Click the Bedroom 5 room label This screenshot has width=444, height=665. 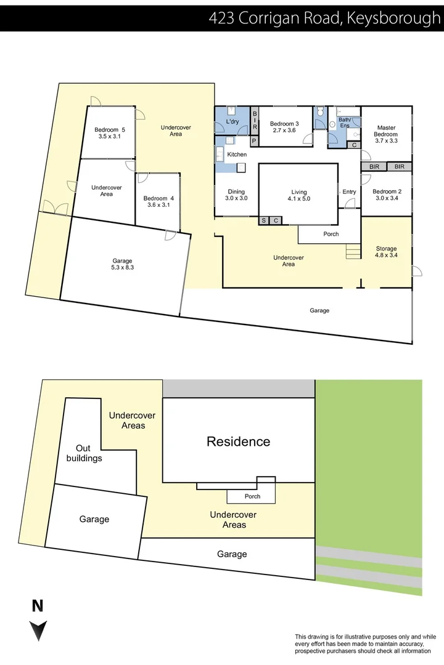click(x=110, y=130)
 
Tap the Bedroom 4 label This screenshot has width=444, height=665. click(x=158, y=198)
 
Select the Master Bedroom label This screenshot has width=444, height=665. click(x=386, y=131)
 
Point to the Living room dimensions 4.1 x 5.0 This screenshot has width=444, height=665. click(x=299, y=199)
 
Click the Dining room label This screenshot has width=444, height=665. click(x=236, y=191)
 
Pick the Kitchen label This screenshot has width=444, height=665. click(x=237, y=154)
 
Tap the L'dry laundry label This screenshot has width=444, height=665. click(x=232, y=122)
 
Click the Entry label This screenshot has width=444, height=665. click(x=349, y=191)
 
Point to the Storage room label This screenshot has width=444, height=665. click(x=387, y=249)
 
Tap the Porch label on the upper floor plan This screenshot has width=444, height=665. click(x=331, y=234)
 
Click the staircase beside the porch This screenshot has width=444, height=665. click(x=353, y=251)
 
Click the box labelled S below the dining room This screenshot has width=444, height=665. click(x=264, y=220)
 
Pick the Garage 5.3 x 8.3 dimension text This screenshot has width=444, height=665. click(x=122, y=268)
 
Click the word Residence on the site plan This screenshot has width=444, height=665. click(x=238, y=441)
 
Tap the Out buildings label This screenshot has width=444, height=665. click(x=89, y=453)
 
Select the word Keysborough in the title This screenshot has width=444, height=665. click(x=393, y=18)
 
